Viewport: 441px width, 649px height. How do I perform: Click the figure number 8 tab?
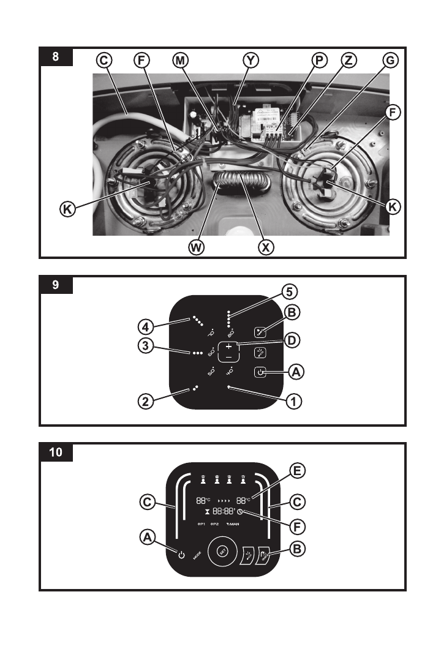coord(56,58)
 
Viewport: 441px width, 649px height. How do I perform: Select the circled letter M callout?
coord(181,60)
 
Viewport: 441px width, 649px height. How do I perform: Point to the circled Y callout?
coord(251,60)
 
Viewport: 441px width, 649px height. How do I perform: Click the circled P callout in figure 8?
coord(318,60)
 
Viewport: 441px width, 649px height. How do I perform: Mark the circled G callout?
coord(389,60)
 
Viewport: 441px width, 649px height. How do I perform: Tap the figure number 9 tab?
coord(56,285)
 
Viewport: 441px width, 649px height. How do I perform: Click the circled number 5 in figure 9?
coord(290,290)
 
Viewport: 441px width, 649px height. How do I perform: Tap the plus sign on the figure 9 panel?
coord(229,346)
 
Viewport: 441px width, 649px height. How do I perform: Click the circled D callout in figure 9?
coord(293,339)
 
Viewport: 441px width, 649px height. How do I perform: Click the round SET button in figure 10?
coord(222,552)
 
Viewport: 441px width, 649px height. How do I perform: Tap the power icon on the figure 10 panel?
coord(181,555)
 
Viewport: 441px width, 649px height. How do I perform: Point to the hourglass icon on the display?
coord(207,511)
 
